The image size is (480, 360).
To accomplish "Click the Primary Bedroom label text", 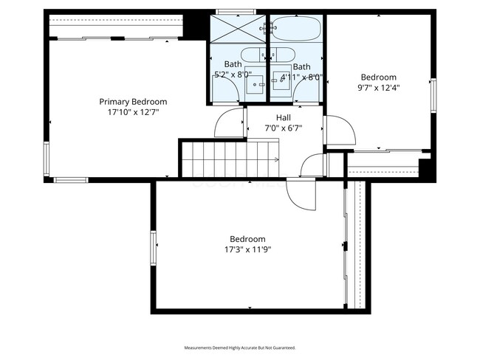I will click(x=133, y=102).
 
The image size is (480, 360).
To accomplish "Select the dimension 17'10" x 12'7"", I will click(x=133, y=112).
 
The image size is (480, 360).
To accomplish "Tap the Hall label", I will click(x=284, y=118).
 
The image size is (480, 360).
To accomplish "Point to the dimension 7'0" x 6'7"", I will click(x=284, y=128).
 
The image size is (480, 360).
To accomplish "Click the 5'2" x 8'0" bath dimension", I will click(x=233, y=75).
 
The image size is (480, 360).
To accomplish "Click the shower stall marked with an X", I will click(x=238, y=29).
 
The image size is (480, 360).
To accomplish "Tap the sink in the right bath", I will click(x=281, y=82).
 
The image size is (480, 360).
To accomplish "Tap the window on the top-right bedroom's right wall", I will click(x=434, y=97).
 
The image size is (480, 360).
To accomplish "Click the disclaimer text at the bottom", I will click(x=240, y=347).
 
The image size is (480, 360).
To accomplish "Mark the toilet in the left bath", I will click(x=256, y=55).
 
